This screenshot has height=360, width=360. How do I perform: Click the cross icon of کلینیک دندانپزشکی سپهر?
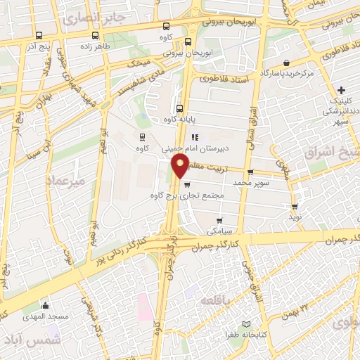tap(341, 90)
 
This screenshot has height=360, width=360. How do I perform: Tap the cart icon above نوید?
tap(294, 207)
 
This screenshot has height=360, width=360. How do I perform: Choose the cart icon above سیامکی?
tap(220, 221)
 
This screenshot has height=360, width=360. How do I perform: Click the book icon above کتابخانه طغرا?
tap(245, 324)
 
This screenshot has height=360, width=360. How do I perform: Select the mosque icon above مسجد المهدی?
tap(46, 305)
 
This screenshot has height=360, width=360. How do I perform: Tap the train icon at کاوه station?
tap(143, 137)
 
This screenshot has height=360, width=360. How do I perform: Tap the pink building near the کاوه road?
tap(143, 307)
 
